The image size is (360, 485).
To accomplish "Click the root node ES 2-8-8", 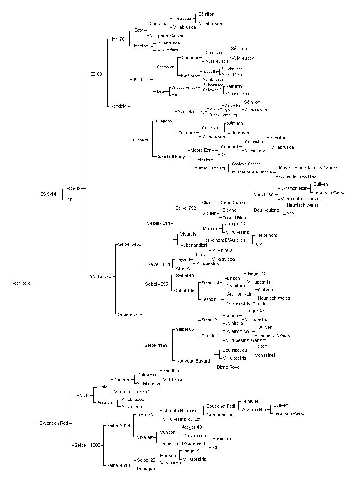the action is pyautogui.click(x=21, y=284).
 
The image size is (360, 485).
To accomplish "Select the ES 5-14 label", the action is pyautogui.click(x=48, y=194).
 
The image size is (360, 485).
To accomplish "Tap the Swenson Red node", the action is pyautogui.click(x=54, y=423).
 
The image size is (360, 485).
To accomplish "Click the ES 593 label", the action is pyautogui.click(x=73, y=189).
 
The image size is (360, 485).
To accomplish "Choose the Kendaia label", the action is pyautogui.click(x=118, y=106).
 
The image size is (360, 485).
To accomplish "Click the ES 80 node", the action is pyautogui.click(x=96, y=74).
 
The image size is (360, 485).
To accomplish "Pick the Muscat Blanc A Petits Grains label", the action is pyautogui.click(x=308, y=168).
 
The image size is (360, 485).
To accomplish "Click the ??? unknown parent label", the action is pyautogui.click(x=290, y=214).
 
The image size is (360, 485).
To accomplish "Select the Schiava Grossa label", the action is pyautogui.click(x=246, y=164).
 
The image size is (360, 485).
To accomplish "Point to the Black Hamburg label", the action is pyautogui.click(x=223, y=115).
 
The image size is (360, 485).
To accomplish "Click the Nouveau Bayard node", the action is pyautogui.click(x=193, y=361).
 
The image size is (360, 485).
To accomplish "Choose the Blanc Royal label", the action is pyautogui.click(x=229, y=367).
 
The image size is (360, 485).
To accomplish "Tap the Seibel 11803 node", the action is pyautogui.click(x=87, y=446).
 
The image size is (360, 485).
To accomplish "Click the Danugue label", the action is pyautogui.click(x=146, y=469).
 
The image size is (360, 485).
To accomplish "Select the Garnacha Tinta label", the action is pyautogui.click(x=222, y=415).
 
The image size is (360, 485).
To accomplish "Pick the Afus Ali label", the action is pyautogui.click(x=183, y=268).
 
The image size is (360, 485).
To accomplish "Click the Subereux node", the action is pyautogui.click(x=128, y=314).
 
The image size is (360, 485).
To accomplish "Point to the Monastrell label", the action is pyautogui.click(x=265, y=356).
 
